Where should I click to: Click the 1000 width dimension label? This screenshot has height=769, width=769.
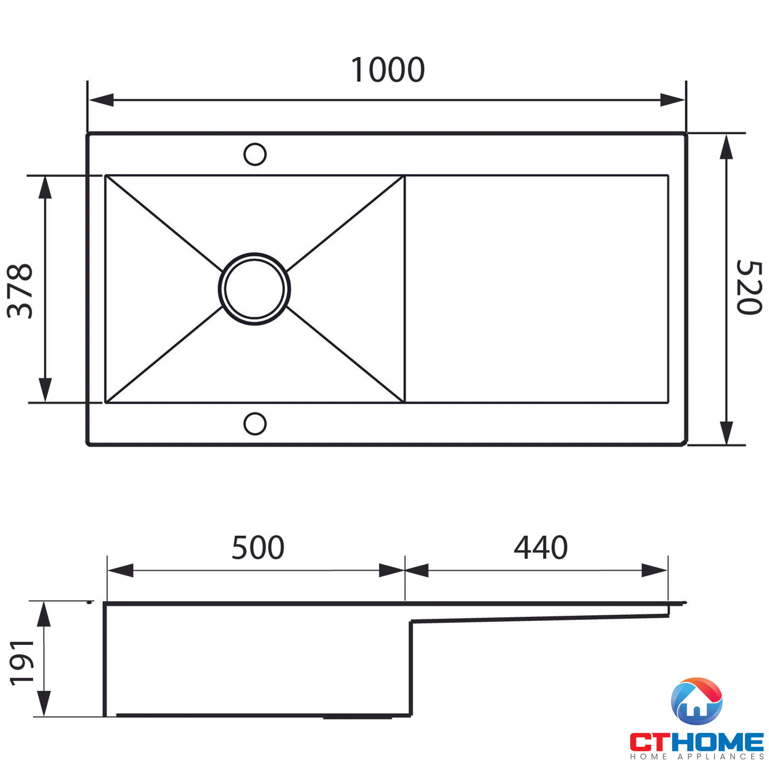388,70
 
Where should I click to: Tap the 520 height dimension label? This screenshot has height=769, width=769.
749,287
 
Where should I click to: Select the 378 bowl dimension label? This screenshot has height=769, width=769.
20,291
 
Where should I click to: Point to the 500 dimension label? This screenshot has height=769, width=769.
258,548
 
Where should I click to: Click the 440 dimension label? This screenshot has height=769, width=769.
541,548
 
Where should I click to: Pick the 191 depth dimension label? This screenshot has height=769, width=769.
22,663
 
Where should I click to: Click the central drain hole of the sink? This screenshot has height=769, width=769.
254,289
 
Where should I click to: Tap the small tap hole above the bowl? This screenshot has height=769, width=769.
255,154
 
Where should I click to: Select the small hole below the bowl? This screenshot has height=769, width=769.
255,424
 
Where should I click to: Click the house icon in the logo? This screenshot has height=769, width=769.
697,701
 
